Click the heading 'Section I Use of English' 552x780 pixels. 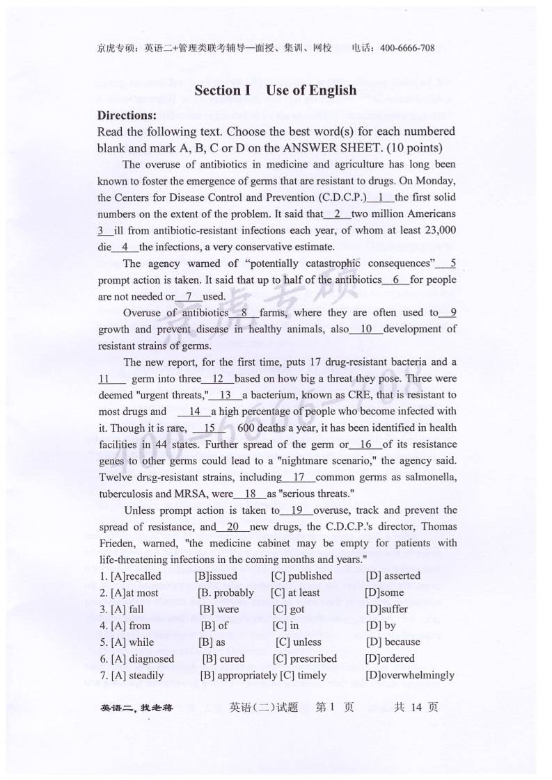275,90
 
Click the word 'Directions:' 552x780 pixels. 127,115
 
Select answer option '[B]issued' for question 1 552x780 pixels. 216,576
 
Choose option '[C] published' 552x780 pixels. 301,576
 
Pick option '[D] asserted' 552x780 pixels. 393,576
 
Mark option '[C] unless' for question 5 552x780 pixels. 299,642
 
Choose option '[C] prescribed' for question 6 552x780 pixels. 304,658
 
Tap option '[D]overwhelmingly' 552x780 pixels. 409,675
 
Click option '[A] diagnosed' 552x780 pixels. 142,658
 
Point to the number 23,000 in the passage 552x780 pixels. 439,230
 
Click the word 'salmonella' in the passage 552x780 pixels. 432,478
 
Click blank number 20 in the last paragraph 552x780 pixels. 233,527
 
